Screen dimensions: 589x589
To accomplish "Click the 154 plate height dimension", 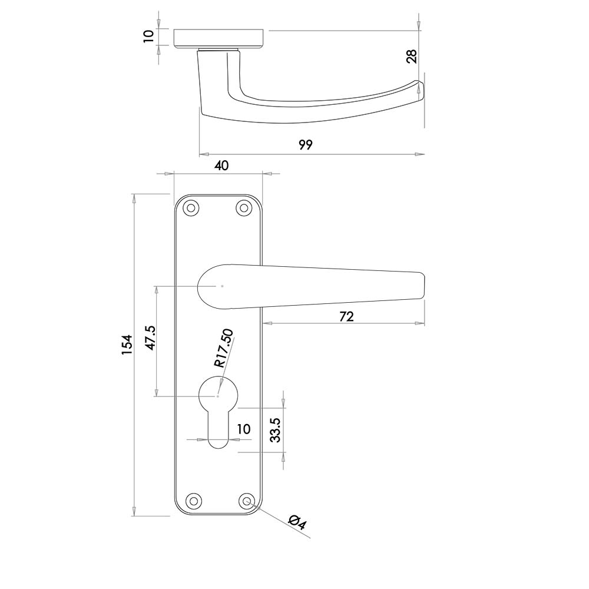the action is pyautogui.click(x=127, y=345).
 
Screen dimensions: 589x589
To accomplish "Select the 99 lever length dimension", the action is pyautogui.click(x=306, y=145).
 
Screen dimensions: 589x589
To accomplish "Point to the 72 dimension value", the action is pyautogui.click(x=346, y=317).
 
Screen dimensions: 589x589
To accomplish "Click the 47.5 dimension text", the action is pyautogui.click(x=151, y=338).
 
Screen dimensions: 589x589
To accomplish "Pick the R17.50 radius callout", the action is pyautogui.click(x=224, y=348).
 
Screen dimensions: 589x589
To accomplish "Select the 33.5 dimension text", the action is pyautogui.click(x=276, y=430).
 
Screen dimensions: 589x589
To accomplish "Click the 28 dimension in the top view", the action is pyautogui.click(x=412, y=57).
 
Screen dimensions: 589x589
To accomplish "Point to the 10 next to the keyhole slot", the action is pyautogui.click(x=244, y=429).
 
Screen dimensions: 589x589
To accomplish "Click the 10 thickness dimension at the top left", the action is pyautogui.click(x=149, y=36).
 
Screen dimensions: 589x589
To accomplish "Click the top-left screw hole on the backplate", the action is pyautogui.click(x=191, y=208).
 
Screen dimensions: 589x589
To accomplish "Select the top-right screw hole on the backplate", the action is pyautogui.click(x=244, y=208).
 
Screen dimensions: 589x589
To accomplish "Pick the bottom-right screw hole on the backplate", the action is pyautogui.click(x=246, y=501).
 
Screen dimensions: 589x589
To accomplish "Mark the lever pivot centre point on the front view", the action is pyautogui.click(x=223, y=286).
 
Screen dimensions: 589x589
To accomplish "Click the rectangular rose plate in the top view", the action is pyautogui.click(x=221, y=39).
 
